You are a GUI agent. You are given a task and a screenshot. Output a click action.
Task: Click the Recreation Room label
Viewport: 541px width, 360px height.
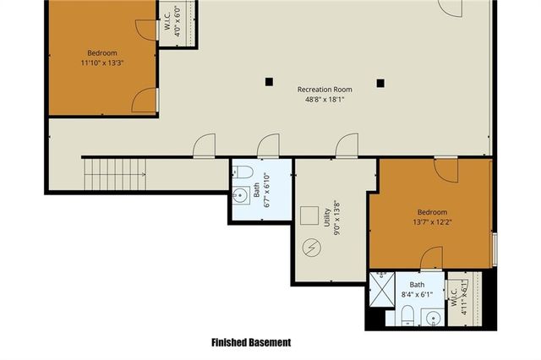(325, 89)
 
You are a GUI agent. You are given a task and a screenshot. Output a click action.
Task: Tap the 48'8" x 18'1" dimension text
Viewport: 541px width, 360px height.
(325, 100)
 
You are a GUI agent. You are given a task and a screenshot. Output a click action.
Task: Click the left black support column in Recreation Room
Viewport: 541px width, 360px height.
(269, 82)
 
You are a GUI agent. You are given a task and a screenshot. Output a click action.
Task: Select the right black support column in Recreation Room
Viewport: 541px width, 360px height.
(380, 82)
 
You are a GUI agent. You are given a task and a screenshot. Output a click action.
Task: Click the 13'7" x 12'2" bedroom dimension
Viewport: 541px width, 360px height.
(431, 223)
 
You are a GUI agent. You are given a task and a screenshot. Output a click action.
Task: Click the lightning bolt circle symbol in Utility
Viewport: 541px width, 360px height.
(311, 248)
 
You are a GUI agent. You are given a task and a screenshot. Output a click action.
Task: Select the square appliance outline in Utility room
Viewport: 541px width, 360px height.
(309, 215)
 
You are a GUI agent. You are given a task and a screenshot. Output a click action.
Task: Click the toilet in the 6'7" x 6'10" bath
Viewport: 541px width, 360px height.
(243, 172)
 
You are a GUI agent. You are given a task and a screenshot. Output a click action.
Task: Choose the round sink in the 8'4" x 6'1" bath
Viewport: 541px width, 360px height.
(433, 318)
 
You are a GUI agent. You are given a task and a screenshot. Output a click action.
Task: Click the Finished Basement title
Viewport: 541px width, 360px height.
(251, 342)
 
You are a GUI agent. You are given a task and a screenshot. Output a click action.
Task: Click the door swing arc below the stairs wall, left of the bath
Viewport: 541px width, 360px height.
(204, 146)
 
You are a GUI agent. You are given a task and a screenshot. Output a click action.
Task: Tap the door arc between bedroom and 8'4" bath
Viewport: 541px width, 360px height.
(431, 257)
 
